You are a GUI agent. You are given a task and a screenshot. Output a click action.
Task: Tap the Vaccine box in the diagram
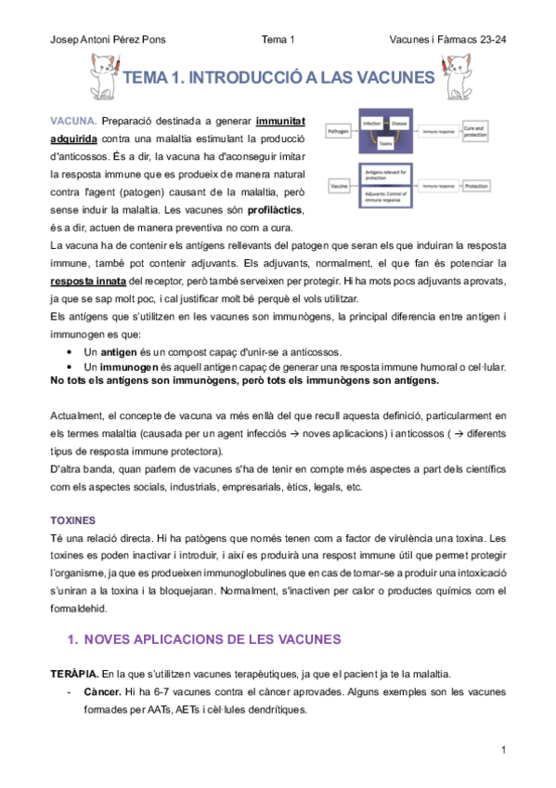340,186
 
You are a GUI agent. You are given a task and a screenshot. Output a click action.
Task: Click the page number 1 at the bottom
502,749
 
